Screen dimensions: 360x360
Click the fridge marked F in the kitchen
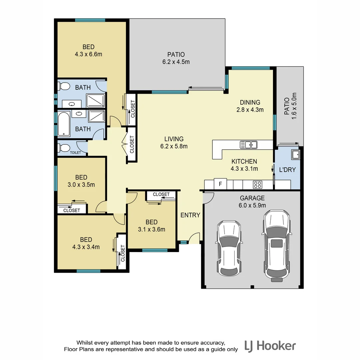point(220,184)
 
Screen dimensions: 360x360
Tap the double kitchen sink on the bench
point(249,145)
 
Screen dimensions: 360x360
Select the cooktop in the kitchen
point(258,184)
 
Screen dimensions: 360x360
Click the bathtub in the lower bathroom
point(64,125)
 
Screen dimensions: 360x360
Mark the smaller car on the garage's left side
point(229,248)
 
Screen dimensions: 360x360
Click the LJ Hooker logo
point(270,345)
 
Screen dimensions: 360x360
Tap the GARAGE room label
point(252,198)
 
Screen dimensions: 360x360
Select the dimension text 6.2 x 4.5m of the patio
point(176,62)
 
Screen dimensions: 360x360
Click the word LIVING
point(174,139)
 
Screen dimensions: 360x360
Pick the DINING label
point(250,102)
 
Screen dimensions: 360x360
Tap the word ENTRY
point(190,215)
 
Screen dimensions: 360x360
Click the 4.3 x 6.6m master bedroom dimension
point(88,54)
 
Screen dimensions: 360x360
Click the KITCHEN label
point(244,161)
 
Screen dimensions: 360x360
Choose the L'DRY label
point(287,170)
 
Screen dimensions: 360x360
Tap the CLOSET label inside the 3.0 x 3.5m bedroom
point(72,210)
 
